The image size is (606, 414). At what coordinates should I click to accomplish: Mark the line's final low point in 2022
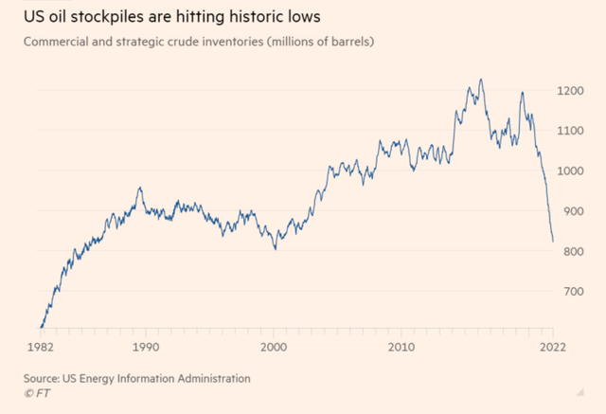[x=553, y=242]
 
